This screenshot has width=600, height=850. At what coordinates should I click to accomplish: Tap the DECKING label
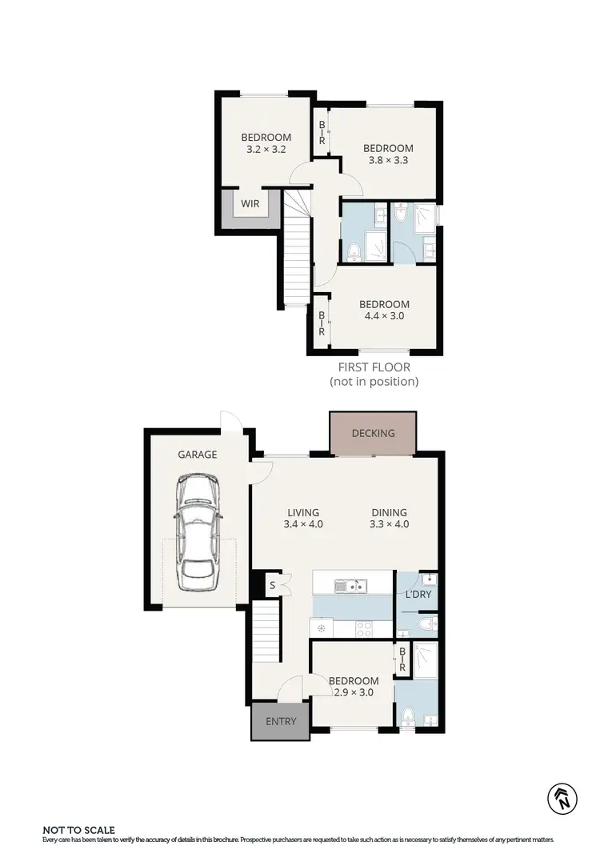[x=374, y=433]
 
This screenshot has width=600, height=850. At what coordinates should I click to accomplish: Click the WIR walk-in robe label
[x=250, y=203]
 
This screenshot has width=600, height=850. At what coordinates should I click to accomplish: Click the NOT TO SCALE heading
[x=78, y=830]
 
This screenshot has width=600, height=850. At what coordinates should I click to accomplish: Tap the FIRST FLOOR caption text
[x=374, y=367]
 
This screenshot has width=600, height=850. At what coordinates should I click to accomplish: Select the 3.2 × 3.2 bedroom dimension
[x=266, y=149]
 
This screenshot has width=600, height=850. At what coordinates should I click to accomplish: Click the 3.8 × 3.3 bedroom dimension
[x=388, y=160]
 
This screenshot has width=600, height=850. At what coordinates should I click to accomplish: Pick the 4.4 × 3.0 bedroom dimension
[x=384, y=316]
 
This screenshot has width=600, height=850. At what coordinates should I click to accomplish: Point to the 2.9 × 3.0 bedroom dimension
[x=354, y=693]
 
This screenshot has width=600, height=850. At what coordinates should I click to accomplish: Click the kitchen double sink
[x=351, y=587]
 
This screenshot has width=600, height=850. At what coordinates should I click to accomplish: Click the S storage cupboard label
[x=273, y=586]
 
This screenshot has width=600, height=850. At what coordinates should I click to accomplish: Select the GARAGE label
[x=197, y=455]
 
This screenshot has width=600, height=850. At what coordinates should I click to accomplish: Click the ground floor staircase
[x=268, y=632]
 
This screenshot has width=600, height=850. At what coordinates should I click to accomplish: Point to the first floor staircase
[x=296, y=256]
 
